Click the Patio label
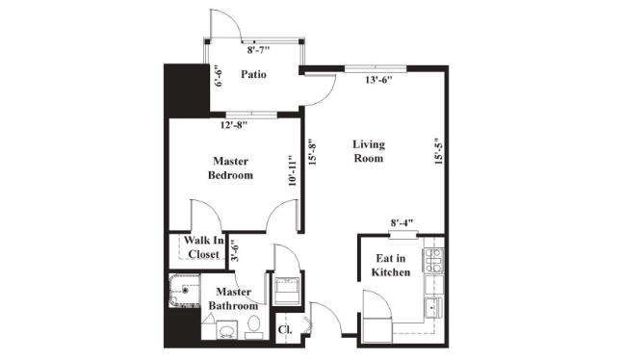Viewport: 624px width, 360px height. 253,74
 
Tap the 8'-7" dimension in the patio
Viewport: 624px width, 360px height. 258,50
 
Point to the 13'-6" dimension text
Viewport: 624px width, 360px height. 378,80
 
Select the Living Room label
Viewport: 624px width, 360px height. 369,151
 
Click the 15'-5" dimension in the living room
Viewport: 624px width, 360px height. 438,151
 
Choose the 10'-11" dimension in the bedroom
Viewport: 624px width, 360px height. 293,170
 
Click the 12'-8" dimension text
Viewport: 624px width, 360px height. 234,125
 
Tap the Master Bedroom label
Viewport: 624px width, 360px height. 230,168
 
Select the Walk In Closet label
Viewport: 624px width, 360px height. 204,247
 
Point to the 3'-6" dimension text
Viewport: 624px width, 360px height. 235,250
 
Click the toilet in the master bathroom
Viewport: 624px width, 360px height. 253,326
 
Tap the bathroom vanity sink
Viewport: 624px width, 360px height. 227,330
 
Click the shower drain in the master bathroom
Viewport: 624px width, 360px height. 185,291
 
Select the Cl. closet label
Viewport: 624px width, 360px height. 285,330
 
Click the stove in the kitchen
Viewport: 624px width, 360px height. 433,260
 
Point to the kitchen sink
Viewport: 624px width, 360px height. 433,307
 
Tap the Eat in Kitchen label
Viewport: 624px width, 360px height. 391,266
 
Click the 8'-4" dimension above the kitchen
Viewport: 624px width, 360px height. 403,222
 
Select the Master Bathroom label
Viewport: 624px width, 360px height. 233,298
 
